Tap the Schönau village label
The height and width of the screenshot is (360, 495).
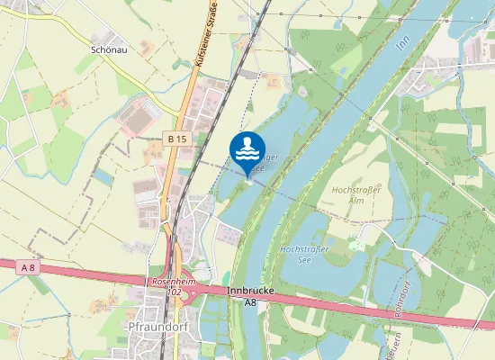108,50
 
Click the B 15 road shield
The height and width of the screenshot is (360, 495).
176,139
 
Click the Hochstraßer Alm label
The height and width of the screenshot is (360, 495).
356,195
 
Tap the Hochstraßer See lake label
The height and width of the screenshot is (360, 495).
304,254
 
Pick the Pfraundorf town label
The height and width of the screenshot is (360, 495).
157,326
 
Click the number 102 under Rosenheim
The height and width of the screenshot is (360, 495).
175,292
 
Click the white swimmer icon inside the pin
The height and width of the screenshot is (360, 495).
247,147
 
